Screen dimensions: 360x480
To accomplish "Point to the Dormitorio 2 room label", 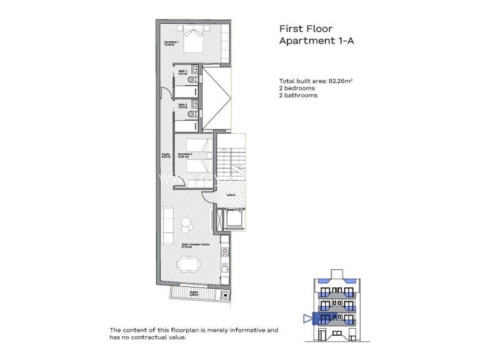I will tap(185, 156).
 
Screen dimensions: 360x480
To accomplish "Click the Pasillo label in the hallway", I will tap(166, 156).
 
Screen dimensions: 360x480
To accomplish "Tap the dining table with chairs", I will tap(187, 265).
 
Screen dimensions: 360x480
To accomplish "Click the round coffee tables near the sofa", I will tap(186, 224).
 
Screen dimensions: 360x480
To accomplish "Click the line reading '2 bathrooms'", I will tap(298, 96).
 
